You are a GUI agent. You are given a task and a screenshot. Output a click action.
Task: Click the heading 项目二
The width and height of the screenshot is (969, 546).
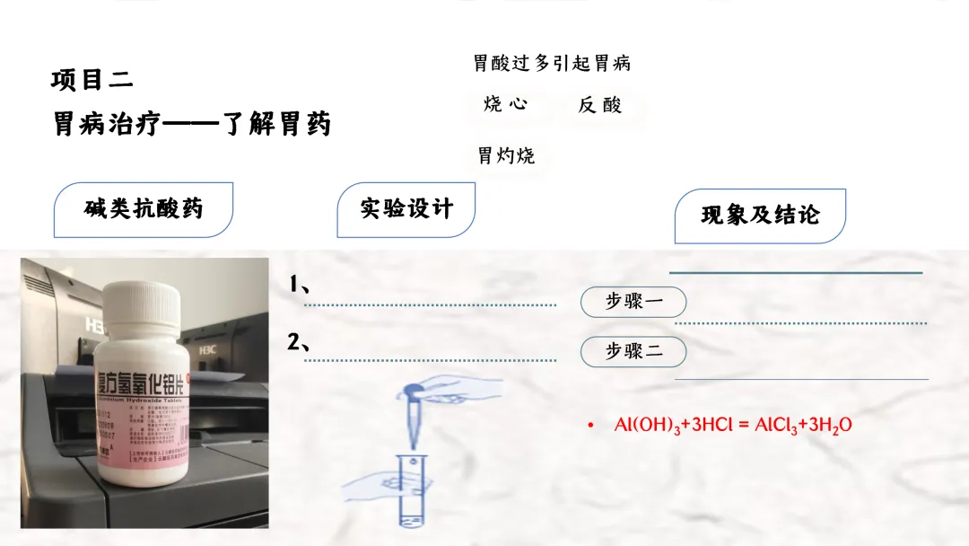[x=92, y=81]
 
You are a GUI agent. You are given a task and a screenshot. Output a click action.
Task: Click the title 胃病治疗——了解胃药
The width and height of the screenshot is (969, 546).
[x=192, y=123]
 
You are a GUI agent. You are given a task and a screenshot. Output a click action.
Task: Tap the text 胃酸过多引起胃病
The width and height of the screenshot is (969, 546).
[x=552, y=63]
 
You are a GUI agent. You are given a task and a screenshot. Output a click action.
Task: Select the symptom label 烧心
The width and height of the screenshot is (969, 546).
[x=505, y=104]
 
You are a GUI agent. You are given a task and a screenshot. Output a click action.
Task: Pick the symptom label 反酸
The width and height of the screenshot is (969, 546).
[x=600, y=105]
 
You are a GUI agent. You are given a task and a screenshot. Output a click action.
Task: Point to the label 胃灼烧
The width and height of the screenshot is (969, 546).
[x=506, y=155]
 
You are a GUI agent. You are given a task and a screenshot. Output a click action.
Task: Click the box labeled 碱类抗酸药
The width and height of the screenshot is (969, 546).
[x=144, y=209]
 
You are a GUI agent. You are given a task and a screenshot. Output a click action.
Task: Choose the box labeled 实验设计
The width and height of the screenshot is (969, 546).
[x=406, y=209]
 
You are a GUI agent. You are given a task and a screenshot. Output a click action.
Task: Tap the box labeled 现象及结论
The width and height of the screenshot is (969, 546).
[x=760, y=216]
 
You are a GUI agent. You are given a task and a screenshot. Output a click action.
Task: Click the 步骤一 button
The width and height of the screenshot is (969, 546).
[x=633, y=302]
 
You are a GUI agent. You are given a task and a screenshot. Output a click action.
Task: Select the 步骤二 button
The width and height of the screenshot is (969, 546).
[x=633, y=351]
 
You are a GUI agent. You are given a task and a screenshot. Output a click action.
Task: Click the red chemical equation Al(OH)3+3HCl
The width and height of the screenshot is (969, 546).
[x=732, y=425]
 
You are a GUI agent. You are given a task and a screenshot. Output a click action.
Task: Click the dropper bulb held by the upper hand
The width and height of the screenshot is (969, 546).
[x=415, y=389]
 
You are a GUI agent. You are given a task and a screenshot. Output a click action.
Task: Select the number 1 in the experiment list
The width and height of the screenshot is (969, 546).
[x=294, y=285]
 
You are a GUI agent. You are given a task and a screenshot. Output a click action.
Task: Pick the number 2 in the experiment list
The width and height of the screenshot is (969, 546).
[x=295, y=341]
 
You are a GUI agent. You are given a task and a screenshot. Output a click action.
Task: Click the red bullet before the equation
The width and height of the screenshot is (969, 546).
[x=590, y=425]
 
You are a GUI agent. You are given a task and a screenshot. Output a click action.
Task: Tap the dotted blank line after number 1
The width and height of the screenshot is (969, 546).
[x=431, y=305]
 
